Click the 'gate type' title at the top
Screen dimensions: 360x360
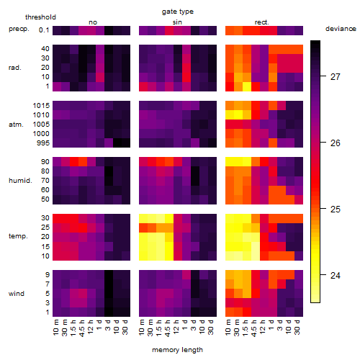[178, 12]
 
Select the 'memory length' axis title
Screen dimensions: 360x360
[177, 350]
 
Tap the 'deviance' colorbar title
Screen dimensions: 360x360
[341, 29]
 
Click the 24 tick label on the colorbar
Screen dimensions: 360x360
[336, 275]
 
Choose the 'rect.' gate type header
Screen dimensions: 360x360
[262, 22]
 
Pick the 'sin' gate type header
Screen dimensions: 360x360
[177, 22]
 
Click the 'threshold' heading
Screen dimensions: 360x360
[40, 17]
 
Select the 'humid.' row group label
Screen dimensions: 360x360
[20, 181]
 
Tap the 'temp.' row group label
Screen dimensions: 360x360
[18, 236]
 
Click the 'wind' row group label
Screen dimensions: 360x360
[17, 294]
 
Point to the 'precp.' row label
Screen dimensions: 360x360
[19, 29]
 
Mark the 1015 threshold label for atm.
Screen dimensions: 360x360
[41, 106]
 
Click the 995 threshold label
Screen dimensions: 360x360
[43, 143]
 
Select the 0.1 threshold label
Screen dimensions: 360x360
[44, 30]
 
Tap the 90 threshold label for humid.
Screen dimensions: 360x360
[45, 162]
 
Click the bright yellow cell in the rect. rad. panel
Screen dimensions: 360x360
[247, 86]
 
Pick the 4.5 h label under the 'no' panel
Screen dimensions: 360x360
[81, 328]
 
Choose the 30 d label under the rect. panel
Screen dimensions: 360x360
[297, 328]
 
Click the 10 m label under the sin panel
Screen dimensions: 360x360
[142, 328]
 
